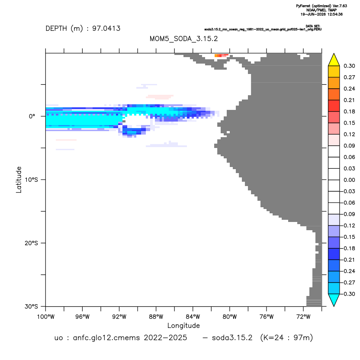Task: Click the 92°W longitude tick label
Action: point(119,317)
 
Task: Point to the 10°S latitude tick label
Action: point(31,180)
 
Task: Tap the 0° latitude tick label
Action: point(32,116)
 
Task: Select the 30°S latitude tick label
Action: point(31,306)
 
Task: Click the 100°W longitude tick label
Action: point(46,317)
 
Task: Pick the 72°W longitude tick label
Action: point(303,317)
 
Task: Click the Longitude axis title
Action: point(183,325)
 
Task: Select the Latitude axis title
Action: point(19,180)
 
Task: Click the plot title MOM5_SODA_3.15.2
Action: point(183,39)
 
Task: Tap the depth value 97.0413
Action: point(106,29)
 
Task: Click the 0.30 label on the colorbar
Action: point(349,66)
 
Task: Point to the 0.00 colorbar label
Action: point(349,180)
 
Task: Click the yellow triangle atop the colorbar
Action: point(334,61)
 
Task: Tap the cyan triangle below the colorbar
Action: point(334,299)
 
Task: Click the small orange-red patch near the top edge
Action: point(222,55)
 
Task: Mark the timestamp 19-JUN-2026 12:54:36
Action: point(321,14)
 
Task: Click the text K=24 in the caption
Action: point(273,338)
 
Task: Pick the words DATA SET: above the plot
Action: point(313,26)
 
